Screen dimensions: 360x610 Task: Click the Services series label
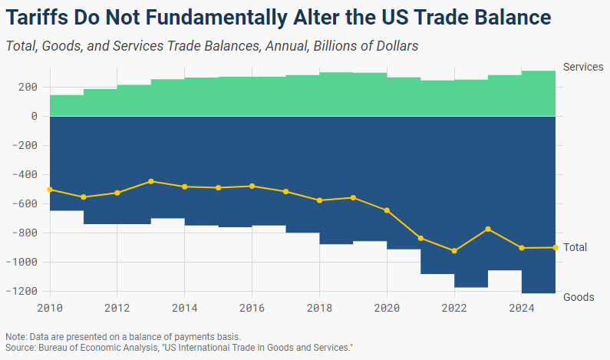(583, 68)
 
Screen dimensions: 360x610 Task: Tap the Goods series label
(579, 297)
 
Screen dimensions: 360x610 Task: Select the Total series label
(575, 247)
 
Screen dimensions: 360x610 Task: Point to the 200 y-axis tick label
(28, 87)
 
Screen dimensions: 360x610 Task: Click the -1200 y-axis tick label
(22, 291)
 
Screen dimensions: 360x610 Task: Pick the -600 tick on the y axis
(26, 203)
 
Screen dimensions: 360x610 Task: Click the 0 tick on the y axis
(35, 116)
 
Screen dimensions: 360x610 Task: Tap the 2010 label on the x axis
(50, 309)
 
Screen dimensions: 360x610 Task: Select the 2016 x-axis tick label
(252, 309)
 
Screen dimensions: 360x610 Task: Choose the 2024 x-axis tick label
(521, 309)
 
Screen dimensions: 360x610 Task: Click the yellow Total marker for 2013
(151, 181)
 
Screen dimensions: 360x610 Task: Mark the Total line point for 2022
(454, 251)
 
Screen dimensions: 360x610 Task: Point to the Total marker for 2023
(488, 229)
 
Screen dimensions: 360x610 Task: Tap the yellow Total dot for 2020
(387, 210)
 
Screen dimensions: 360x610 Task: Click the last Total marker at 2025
(555, 247)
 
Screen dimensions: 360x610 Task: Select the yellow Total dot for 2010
(50, 189)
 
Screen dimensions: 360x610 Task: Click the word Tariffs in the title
(37, 17)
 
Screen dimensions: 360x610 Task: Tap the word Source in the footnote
(20, 347)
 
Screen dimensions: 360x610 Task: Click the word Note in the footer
(15, 337)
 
